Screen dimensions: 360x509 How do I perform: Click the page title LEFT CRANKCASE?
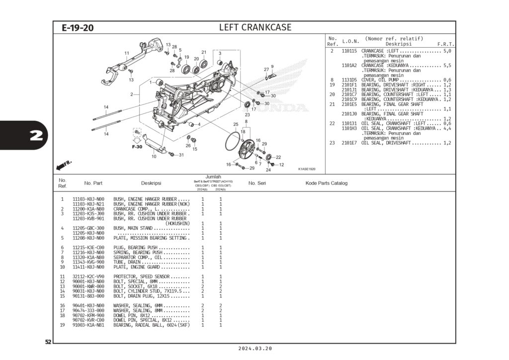[x=255, y=27]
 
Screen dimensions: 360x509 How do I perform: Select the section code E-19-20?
[x=78, y=28]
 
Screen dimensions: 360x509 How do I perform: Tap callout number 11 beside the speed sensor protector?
[x=127, y=53]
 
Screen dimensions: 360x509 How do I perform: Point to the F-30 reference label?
[x=137, y=147]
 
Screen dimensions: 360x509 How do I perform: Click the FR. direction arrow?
[x=64, y=165]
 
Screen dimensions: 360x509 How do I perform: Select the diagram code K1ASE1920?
[x=307, y=169]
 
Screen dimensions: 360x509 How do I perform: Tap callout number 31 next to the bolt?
[x=181, y=155]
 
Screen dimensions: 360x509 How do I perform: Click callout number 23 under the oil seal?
[x=247, y=114]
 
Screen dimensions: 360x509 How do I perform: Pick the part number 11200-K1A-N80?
[x=88, y=209]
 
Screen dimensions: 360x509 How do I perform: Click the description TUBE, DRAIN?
[x=127, y=262]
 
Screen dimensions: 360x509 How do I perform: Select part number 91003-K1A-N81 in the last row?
[x=88, y=325]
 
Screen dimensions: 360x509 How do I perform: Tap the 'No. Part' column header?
[x=93, y=183]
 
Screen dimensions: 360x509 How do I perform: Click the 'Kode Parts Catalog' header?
[x=326, y=183]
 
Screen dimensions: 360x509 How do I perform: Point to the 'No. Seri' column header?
[x=258, y=183]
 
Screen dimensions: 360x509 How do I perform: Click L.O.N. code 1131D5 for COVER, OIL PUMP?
[x=349, y=80]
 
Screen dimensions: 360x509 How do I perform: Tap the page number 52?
[x=48, y=342]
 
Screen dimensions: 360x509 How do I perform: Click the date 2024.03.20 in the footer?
[x=255, y=349]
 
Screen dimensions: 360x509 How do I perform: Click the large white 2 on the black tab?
[x=36, y=136]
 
